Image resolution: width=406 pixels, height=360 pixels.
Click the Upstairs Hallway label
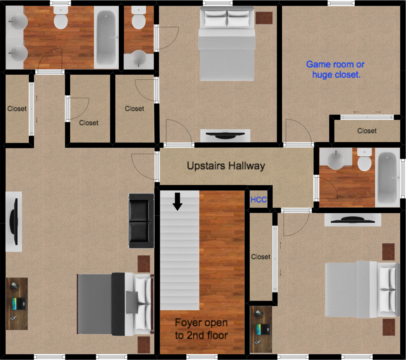pos(226,166)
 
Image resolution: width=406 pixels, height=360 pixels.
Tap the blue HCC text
pos(258,200)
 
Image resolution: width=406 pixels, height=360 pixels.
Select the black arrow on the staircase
pos(178,201)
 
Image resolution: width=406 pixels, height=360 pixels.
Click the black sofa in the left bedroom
pos(141,221)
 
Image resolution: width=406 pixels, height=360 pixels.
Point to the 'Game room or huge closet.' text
pos(336,69)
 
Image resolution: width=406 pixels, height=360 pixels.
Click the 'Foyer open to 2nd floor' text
pos(201,329)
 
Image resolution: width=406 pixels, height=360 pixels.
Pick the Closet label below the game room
pos(367,131)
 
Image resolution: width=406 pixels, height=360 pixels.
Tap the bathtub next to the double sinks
pos(106,37)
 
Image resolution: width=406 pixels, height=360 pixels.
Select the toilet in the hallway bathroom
pos(364,160)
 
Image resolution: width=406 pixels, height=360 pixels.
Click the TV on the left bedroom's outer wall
pos(14,221)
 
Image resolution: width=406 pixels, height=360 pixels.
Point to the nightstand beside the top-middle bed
pos(264,17)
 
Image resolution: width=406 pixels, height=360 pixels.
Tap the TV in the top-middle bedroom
pos(225,135)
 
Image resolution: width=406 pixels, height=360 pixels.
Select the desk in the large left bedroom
pos(17,304)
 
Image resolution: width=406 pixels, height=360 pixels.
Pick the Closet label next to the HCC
pos(261,257)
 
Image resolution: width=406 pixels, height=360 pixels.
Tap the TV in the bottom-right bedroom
pos(349,220)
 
